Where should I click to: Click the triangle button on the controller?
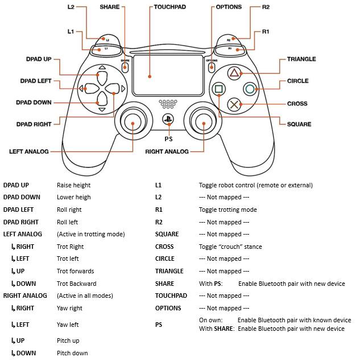234,73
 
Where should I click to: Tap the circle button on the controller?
249,89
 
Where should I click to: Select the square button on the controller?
218,89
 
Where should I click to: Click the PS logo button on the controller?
168,120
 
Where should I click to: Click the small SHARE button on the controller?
125,65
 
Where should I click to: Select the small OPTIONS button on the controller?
211,65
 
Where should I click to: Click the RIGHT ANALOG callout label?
167,151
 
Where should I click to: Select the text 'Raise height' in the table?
73,185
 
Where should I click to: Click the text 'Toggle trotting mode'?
227,210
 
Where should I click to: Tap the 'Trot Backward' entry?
76,284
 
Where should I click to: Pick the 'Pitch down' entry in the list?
72,353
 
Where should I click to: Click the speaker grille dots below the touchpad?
167,105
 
